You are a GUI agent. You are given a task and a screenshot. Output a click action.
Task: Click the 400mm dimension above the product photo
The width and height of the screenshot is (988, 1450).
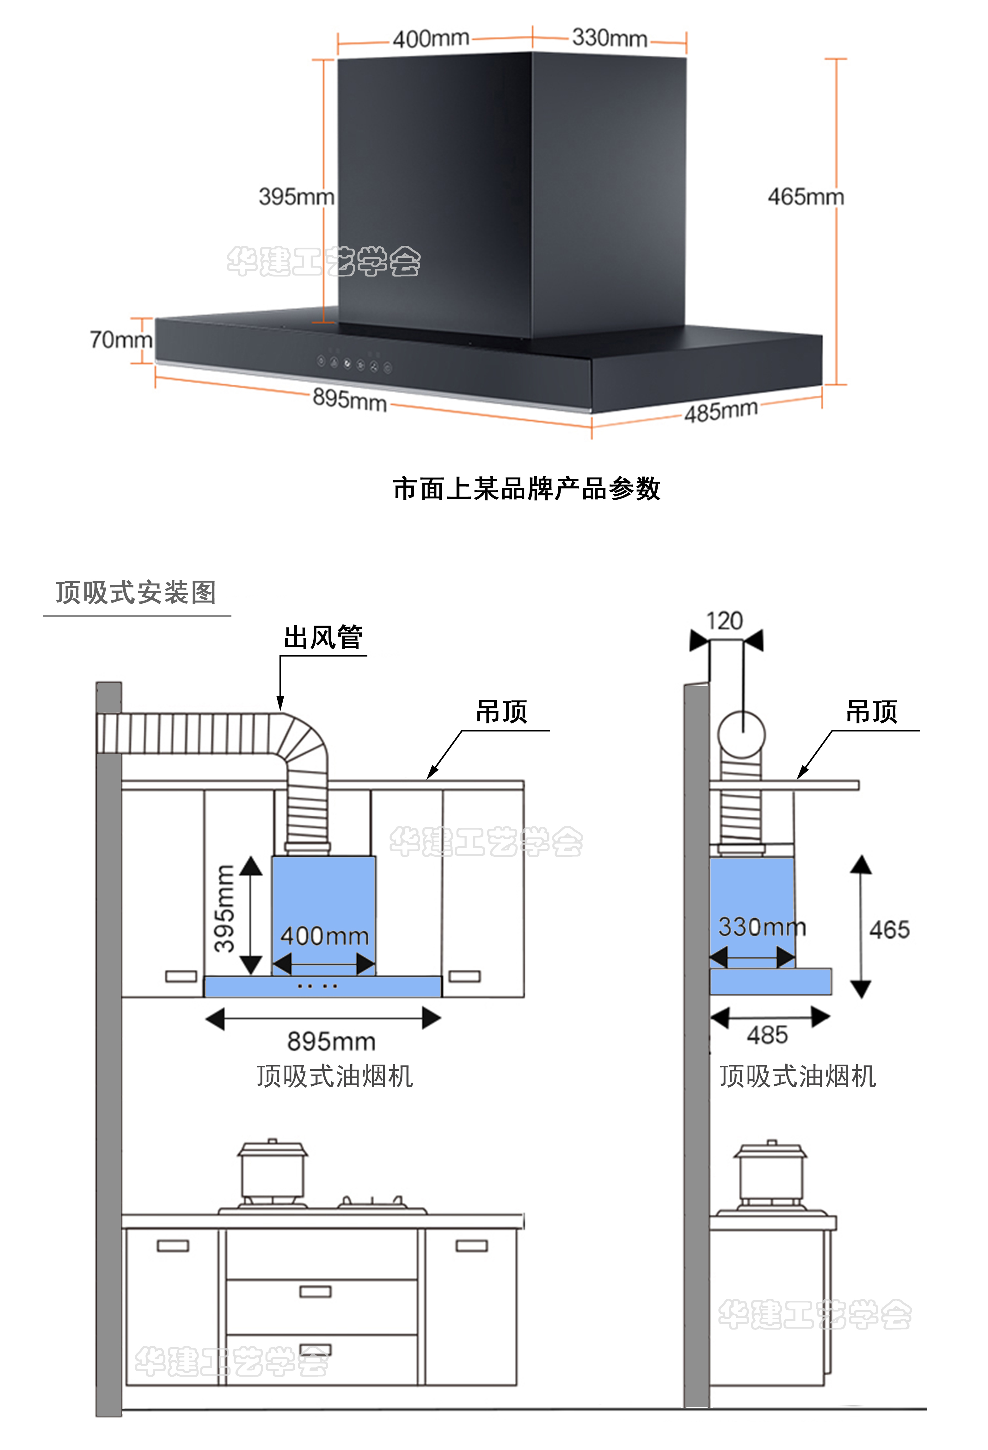pos(431,39)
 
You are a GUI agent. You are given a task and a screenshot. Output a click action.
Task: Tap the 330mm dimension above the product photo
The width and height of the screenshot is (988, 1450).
pos(609,37)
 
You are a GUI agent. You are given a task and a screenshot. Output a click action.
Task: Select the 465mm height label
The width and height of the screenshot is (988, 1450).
pos(805,197)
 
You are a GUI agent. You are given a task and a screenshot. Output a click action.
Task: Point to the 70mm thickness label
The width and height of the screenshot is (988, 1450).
pos(120,340)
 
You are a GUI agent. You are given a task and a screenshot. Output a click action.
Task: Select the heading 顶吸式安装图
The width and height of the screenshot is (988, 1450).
pos(136,592)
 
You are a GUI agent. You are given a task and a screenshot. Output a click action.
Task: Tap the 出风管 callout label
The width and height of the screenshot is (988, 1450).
pos(322,637)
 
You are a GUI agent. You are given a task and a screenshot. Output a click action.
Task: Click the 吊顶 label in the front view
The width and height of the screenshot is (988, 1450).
pos(501,711)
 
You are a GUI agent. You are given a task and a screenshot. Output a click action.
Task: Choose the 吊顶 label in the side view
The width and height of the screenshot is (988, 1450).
pos(871,711)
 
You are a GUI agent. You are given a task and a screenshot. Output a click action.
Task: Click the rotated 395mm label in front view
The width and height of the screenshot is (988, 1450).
pos(224,909)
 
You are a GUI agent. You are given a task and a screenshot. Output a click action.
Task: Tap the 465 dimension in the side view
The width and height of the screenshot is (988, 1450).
pos(889,930)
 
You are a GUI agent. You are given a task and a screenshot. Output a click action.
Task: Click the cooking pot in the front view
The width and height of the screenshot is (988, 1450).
pos(273,1170)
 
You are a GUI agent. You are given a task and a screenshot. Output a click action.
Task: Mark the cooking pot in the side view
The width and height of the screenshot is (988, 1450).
pos(770,1173)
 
